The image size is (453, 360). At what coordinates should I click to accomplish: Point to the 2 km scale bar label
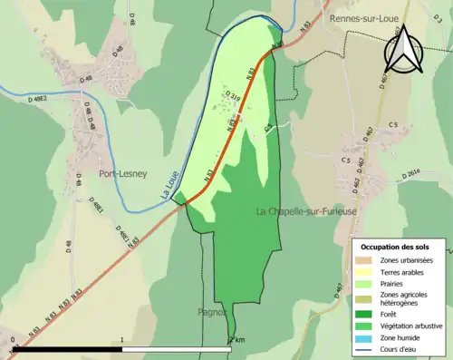pyautogui.click(x=237, y=340)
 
